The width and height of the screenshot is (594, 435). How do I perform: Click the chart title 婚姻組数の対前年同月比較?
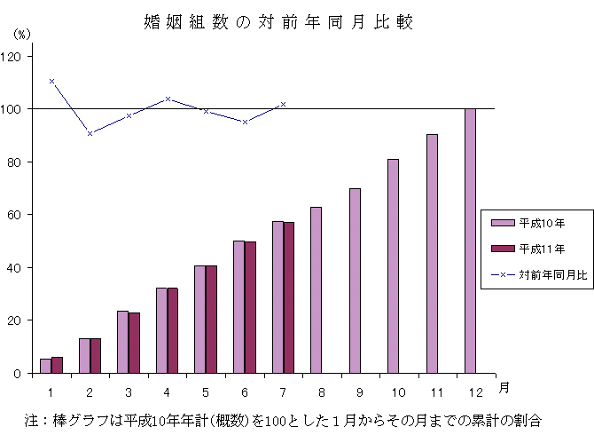click(278, 22)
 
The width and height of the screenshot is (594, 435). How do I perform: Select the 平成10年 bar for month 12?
click(470, 241)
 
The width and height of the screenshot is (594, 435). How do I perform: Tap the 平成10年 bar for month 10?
click(393, 266)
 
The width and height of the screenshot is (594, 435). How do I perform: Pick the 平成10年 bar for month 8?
click(316, 290)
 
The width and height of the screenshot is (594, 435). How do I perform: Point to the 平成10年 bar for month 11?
click(432, 254)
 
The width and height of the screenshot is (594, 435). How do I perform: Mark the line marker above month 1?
click(51, 81)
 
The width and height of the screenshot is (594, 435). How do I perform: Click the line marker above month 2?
click(90, 133)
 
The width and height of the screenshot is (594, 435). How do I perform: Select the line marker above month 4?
click(168, 99)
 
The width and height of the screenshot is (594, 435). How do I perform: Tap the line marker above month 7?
click(283, 104)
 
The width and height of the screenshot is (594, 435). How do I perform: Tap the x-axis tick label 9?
click(360, 391)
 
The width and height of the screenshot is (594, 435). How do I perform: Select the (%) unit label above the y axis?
click(22, 34)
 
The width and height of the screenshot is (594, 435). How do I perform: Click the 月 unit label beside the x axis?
click(504, 387)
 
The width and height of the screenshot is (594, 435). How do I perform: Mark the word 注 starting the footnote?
click(32, 419)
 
